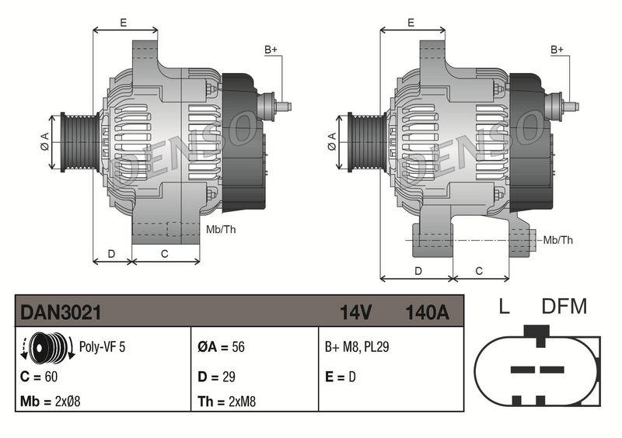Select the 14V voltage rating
click(355, 312)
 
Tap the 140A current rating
click(427, 312)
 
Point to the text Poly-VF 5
click(102, 347)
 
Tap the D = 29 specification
click(217, 376)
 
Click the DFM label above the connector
click(564, 306)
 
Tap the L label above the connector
click(504, 306)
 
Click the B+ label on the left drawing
click(271, 50)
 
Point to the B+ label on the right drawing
click(557, 50)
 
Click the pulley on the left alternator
click(78, 140)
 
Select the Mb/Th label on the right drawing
click(558, 240)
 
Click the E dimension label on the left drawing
click(124, 23)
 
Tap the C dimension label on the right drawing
click(479, 271)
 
